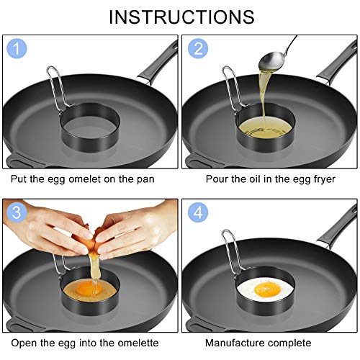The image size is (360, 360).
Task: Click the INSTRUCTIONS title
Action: [181, 17]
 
